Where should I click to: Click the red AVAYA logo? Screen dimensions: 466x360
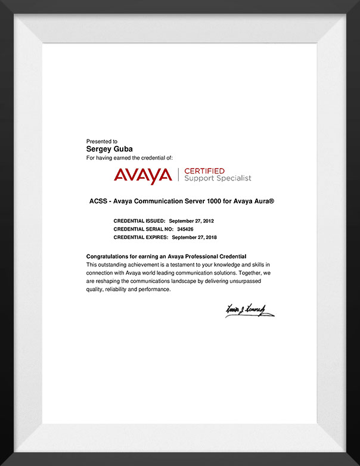point(142,175)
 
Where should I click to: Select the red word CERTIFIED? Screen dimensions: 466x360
point(204,171)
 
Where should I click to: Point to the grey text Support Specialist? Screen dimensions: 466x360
point(218,178)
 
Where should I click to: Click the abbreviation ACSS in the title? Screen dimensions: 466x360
point(98,201)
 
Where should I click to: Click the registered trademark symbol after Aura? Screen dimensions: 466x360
point(272,201)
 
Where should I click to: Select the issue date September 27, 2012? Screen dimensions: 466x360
point(191,220)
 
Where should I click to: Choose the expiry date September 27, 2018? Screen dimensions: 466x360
point(194,237)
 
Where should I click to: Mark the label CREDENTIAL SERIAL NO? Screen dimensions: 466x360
point(142,229)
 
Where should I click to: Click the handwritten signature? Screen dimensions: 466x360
point(249,310)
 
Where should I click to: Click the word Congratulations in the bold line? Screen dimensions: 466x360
point(108,256)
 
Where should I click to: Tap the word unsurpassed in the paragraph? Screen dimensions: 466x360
point(252,281)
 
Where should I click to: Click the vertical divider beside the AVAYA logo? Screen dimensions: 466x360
point(178,175)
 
